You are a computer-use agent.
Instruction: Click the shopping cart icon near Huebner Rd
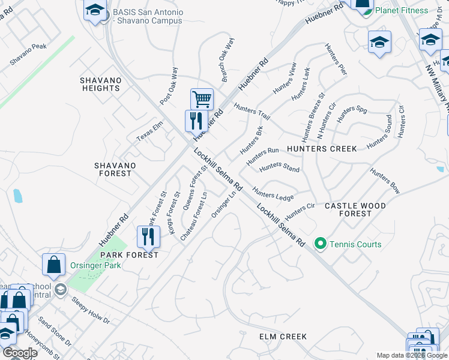[x=202, y=98]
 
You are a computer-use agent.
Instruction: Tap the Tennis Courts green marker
[x=320, y=244]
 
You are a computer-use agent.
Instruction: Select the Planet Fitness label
[x=401, y=10]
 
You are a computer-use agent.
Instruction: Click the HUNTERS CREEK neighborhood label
[x=322, y=149]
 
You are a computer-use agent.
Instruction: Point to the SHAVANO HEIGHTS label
[x=101, y=84]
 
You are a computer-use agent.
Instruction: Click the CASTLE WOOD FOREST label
[x=355, y=209]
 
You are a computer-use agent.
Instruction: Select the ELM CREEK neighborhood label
[x=283, y=337]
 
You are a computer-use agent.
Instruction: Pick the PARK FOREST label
[x=133, y=255]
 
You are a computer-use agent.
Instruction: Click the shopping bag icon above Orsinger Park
[x=54, y=264]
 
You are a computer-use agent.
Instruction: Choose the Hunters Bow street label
[x=385, y=180]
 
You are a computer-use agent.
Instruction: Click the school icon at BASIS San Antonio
[x=95, y=10]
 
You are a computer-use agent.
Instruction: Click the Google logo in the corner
[x=19, y=353]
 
